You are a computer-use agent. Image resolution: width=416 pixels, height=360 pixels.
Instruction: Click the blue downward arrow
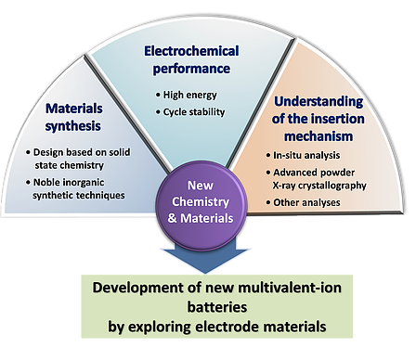point(207,261)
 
